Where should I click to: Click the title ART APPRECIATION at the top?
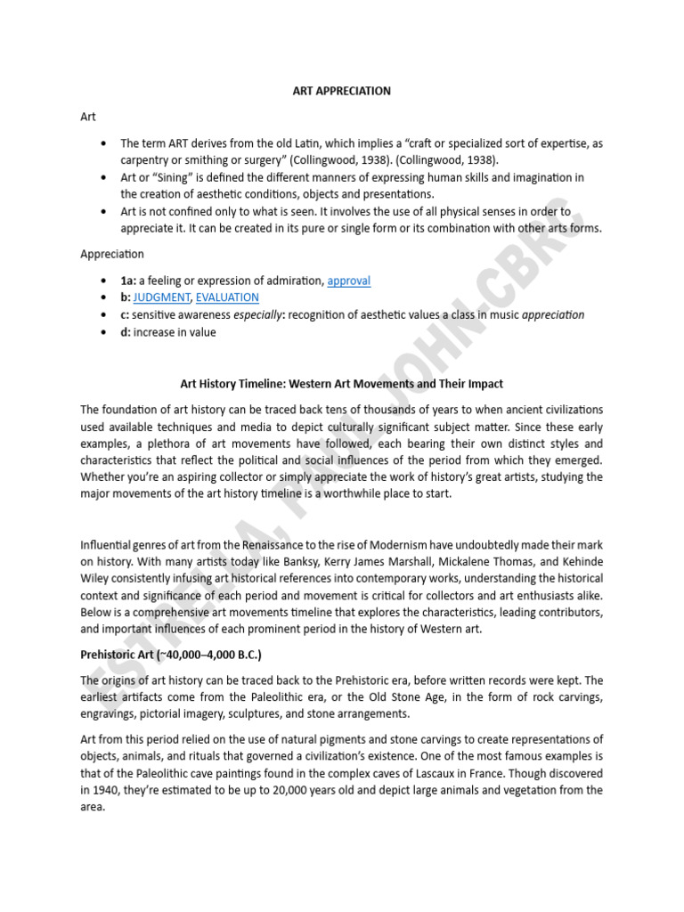click(x=342, y=91)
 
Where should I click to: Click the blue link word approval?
click(x=349, y=281)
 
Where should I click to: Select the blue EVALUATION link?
click(x=227, y=297)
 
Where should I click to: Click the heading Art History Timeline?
click(x=342, y=384)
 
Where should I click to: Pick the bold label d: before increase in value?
click(x=126, y=332)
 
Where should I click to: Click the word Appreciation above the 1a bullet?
click(x=112, y=254)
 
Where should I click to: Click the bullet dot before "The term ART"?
click(x=105, y=143)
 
